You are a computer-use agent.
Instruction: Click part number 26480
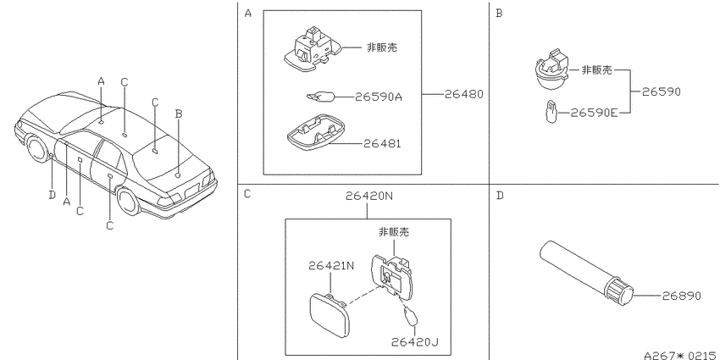click(464, 94)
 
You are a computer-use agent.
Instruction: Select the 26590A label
click(379, 97)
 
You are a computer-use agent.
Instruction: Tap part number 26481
click(382, 143)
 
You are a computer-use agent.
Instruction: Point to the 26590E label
click(594, 113)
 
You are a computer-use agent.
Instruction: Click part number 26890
click(681, 296)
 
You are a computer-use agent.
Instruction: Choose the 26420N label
click(369, 196)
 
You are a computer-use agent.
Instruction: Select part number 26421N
click(331, 265)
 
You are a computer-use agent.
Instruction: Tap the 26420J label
click(415, 342)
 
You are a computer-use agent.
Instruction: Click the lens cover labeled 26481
click(317, 133)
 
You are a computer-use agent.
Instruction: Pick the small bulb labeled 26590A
click(320, 97)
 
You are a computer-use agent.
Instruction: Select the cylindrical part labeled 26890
click(586, 272)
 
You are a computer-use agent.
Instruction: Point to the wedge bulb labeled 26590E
click(551, 113)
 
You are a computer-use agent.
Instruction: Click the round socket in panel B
click(551, 69)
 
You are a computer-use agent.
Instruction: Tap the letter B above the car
click(179, 114)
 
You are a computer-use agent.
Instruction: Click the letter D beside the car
click(52, 195)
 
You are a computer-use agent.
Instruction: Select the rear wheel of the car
click(128, 201)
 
